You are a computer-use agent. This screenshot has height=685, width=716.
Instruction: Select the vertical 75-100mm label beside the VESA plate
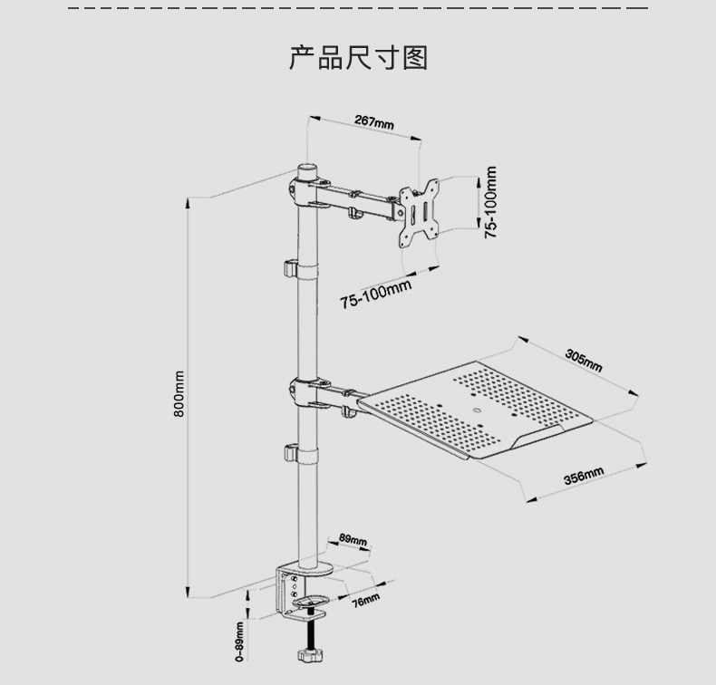point(490,202)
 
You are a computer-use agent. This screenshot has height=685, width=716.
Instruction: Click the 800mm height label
point(179,394)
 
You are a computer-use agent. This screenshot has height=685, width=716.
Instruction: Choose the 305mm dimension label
point(584,360)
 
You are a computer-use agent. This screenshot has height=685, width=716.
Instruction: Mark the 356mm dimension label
point(584,478)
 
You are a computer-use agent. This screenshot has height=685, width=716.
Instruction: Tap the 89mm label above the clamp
point(353,541)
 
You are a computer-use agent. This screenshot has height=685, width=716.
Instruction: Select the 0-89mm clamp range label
point(239,642)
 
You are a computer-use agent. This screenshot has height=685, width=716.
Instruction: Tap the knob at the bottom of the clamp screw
point(308,655)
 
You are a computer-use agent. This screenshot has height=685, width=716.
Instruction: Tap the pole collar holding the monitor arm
point(305,193)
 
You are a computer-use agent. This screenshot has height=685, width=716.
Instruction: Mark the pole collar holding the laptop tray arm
point(304,394)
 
